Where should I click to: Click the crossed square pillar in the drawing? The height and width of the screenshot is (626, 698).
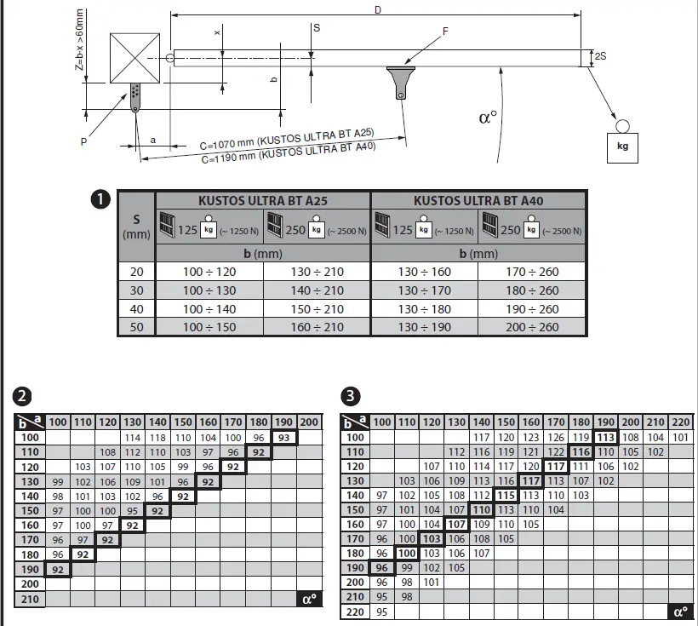click(x=135, y=58)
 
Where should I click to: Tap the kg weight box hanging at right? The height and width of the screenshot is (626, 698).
click(x=623, y=146)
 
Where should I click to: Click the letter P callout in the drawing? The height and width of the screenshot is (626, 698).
click(x=84, y=142)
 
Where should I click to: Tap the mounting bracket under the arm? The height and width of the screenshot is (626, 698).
click(x=400, y=80)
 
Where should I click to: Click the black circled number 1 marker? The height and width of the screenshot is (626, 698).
click(x=100, y=199)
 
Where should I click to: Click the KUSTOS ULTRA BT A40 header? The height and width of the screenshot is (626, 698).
click(x=478, y=201)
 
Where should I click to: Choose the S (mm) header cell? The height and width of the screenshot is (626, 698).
click(x=136, y=226)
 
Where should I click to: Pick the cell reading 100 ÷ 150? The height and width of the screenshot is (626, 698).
click(x=209, y=327)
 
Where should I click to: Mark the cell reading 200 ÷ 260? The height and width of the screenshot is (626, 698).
click(x=532, y=327)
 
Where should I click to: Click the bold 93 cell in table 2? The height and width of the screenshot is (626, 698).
click(x=284, y=437)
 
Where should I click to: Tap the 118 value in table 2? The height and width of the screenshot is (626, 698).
click(x=157, y=437)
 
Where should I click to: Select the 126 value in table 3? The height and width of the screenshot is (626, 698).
click(x=556, y=437)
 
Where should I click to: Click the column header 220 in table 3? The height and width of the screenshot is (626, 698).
click(x=679, y=422)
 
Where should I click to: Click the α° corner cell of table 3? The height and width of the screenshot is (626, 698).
click(x=679, y=612)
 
